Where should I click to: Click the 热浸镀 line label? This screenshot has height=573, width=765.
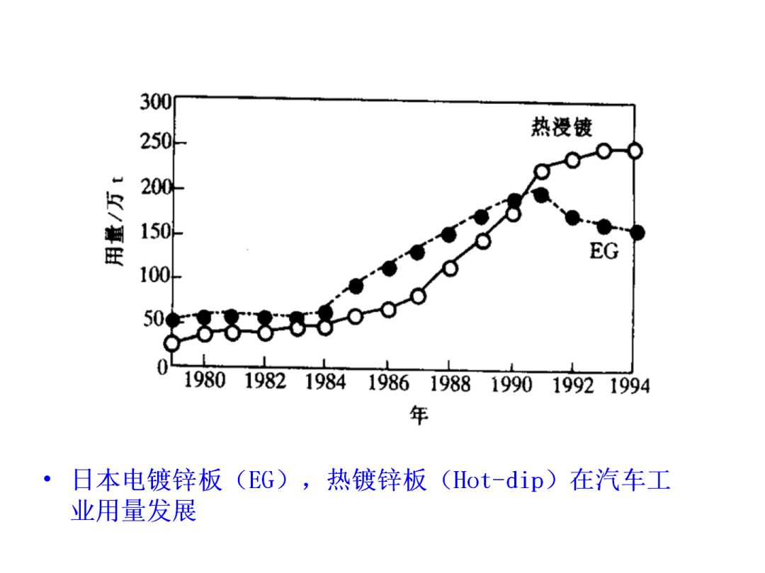(562, 127)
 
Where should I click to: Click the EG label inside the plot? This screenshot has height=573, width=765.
(603, 250)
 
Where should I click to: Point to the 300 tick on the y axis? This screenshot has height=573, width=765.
(156, 103)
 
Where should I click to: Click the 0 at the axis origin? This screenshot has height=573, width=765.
(163, 368)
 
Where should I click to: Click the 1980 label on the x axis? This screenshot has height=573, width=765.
(204, 382)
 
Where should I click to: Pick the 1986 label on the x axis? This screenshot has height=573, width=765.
(388, 383)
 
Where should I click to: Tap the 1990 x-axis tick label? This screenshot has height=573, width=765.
(511, 384)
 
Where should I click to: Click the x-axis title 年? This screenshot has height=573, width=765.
(418, 416)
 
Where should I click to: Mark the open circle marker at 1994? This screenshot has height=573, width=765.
(635, 151)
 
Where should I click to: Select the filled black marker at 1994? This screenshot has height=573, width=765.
(637, 232)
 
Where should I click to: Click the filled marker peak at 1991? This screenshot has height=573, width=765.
(541, 195)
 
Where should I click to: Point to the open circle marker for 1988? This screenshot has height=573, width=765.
(450, 268)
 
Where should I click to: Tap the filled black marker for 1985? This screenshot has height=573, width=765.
(356, 286)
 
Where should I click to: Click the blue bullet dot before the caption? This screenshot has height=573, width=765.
(47, 481)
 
